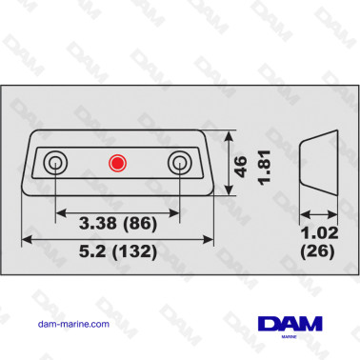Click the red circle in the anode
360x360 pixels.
118,162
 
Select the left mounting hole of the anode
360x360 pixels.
56,162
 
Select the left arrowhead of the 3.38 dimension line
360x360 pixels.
60,210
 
